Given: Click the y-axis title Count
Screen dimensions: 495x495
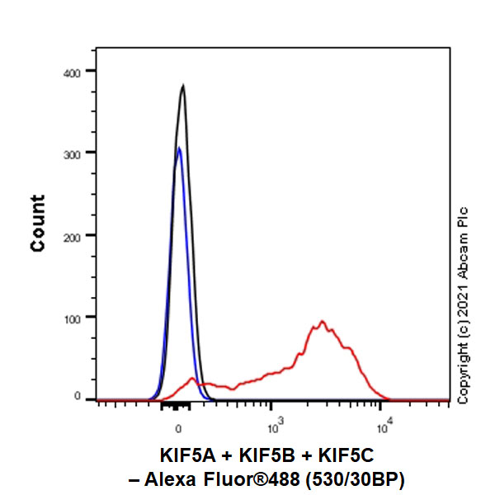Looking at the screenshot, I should click(x=38, y=223).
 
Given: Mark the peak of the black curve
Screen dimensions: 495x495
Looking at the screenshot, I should click(x=182, y=85).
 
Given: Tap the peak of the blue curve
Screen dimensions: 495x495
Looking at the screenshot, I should click(x=178, y=148).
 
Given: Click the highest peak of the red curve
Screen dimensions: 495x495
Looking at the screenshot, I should click(x=322, y=322).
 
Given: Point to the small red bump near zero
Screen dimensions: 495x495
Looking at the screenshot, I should click(x=193, y=379).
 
